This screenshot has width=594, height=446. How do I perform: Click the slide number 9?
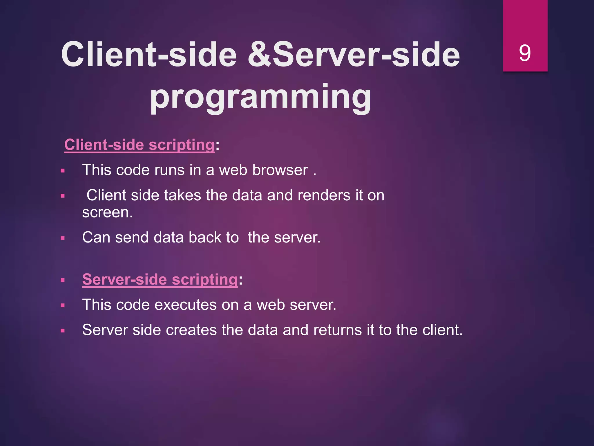(525, 53)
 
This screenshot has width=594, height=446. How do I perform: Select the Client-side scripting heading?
(139, 145)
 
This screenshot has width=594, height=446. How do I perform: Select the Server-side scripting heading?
(160, 279)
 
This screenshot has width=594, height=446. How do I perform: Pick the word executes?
(185, 305)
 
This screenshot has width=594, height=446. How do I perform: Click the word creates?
(191, 330)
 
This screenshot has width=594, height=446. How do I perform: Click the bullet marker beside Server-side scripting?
(63, 280)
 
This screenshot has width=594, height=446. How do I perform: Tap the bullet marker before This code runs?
(63, 171)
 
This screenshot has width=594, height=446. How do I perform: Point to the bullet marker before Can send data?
(63, 238)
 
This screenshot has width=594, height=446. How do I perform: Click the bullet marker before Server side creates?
(63, 331)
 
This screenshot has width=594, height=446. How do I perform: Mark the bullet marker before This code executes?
(63, 305)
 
